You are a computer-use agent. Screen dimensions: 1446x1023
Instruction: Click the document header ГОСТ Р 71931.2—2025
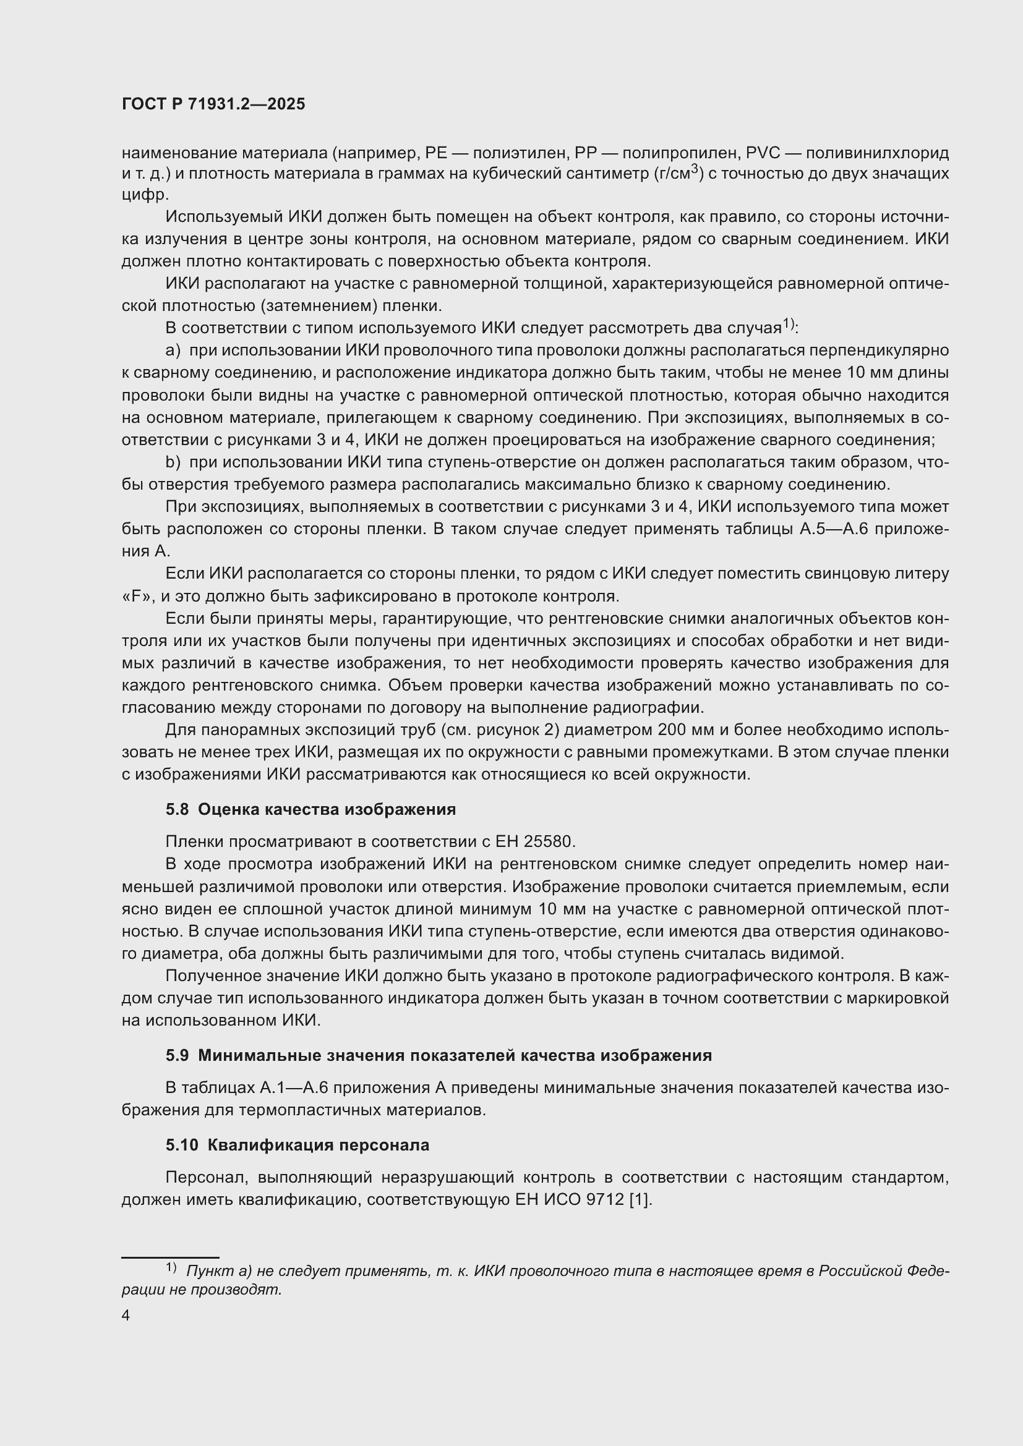point(213,104)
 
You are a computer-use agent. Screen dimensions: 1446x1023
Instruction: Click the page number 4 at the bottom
point(126,1316)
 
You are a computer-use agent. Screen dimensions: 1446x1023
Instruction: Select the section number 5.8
point(177,809)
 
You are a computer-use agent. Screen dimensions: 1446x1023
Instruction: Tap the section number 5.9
point(177,1055)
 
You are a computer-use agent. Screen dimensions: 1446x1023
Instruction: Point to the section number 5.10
point(181,1145)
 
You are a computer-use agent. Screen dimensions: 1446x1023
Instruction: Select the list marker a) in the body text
point(173,350)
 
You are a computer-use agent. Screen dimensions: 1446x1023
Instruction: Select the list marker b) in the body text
point(173,462)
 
